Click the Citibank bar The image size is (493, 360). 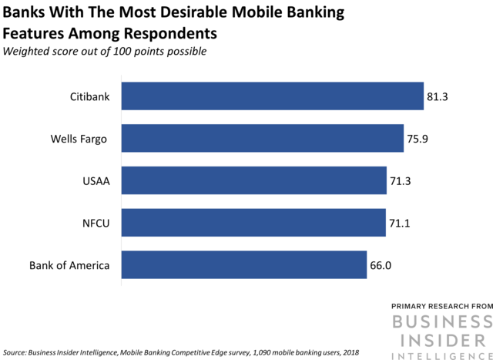click(272, 96)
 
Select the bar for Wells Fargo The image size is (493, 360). click(262, 139)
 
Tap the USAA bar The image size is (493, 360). click(253, 180)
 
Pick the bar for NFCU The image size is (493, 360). click(253, 223)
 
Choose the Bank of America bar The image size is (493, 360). click(243, 265)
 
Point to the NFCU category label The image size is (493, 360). click(95, 224)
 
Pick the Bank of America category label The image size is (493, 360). click(69, 266)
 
